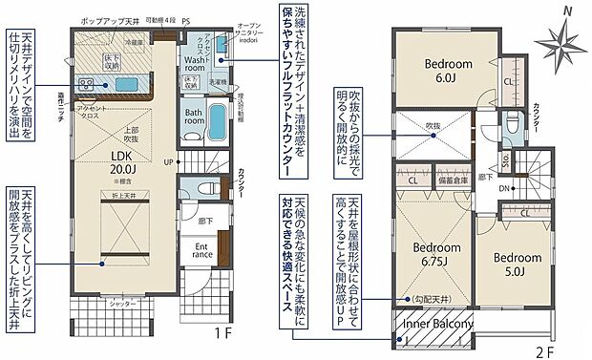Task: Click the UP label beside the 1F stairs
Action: pyautogui.click(x=169, y=162)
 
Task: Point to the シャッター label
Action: pyautogui.click(x=94, y=302)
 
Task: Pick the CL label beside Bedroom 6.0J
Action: pyautogui.click(x=507, y=82)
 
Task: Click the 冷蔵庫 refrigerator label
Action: pyautogui.click(x=134, y=43)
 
